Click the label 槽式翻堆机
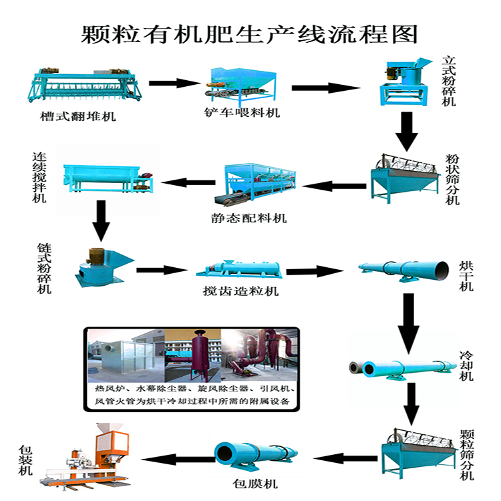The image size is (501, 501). pyautogui.click(x=77, y=117)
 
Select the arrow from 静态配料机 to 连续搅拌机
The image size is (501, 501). pyautogui.click(x=186, y=181)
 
